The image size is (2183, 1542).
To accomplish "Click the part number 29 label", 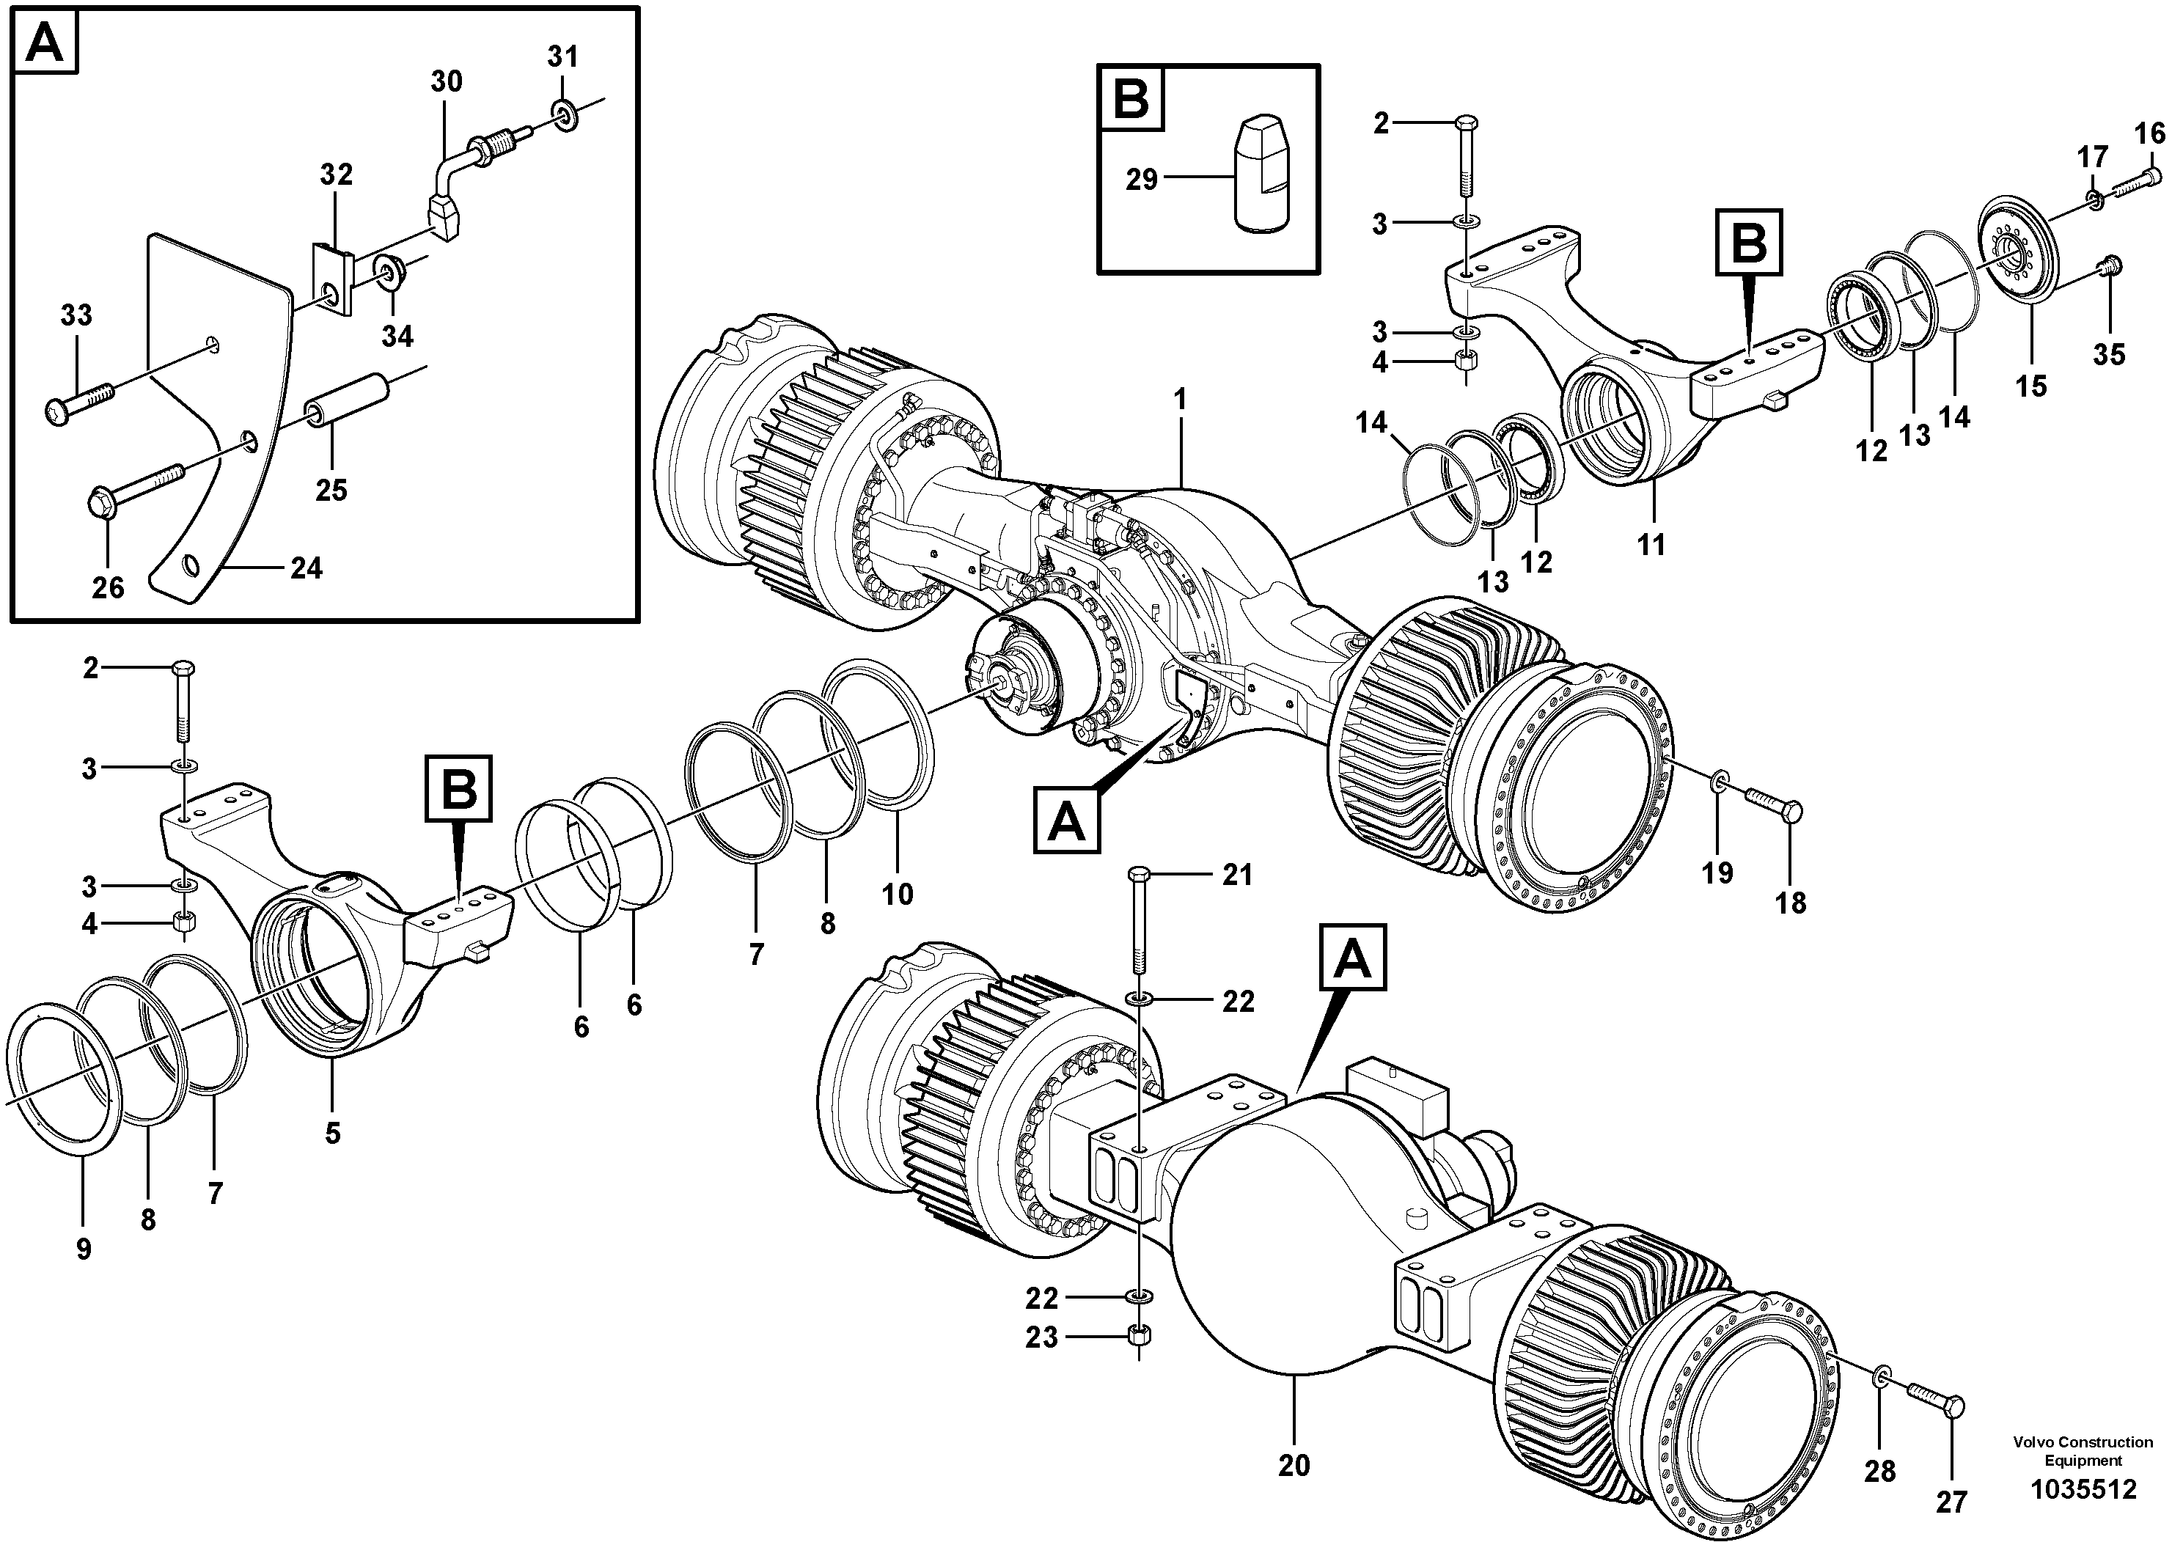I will pyautogui.click(x=1141, y=179).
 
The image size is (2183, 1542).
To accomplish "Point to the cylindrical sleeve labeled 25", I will pyautogui.click(x=349, y=400).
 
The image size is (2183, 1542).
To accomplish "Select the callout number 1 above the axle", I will pyautogui.click(x=1180, y=400).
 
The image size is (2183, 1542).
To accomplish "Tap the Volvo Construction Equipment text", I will pyautogui.click(x=2083, y=1451).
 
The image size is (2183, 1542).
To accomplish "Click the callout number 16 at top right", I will pyautogui.click(x=2150, y=133).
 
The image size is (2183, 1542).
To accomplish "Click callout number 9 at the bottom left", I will pyautogui.click(x=84, y=1248).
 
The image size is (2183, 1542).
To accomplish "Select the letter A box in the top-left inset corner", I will pyautogui.click(x=45, y=43).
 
